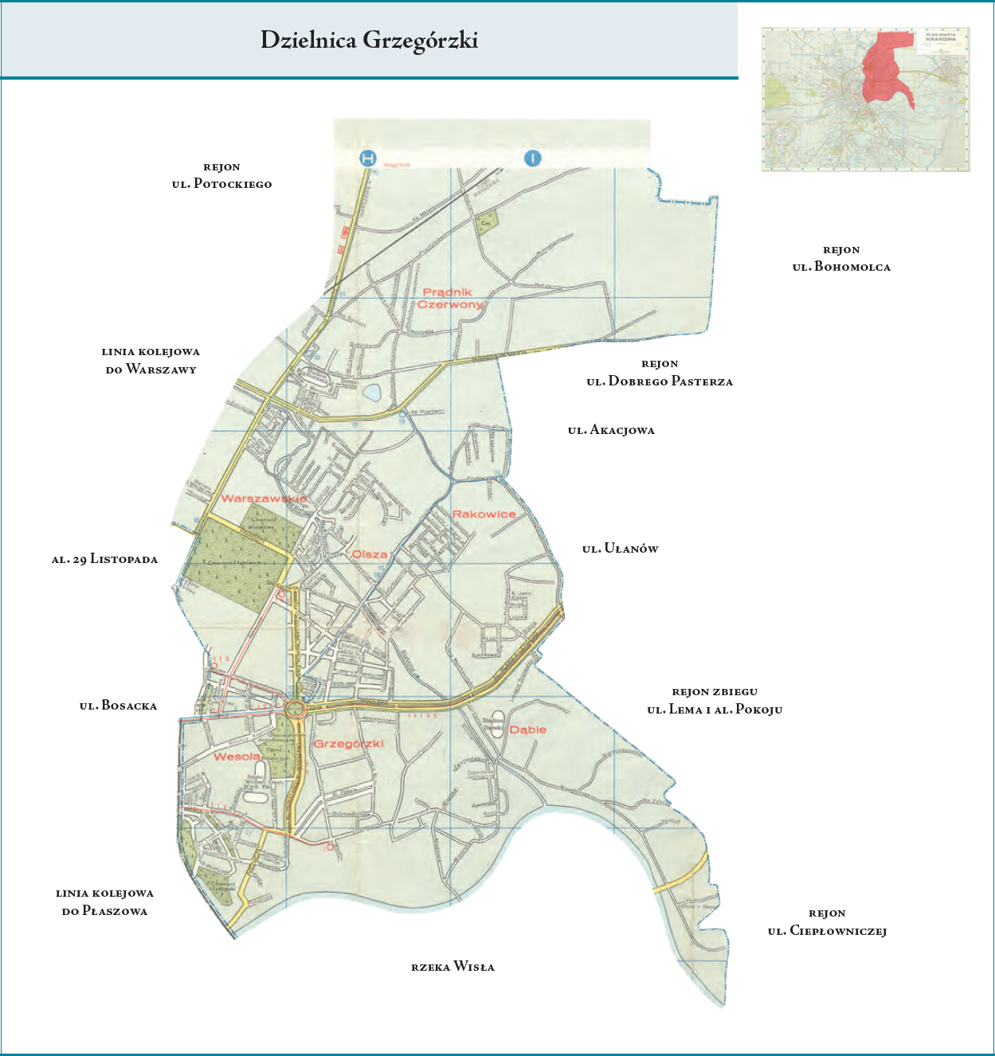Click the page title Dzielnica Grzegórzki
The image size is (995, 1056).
click(x=369, y=41)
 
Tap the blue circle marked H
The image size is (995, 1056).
click(x=368, y=158)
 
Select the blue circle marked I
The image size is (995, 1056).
click(x=532, y=158)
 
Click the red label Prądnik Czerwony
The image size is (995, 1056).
click(x=450, y=299)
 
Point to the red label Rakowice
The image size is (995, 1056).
click(x=484, y=514)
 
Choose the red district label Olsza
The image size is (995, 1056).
click(x=370, y=554)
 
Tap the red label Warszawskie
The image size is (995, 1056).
click(x=264, y=499)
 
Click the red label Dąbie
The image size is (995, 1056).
click(x=528, y=729)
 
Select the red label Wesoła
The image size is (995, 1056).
click(x=237, y=757)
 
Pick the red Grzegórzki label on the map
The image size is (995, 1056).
click(x=349, y=744)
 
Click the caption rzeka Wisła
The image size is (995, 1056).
click(x=452, y=967)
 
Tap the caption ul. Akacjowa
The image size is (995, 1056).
click(x=611, y=430)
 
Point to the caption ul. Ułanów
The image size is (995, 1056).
click(x=620, y=549)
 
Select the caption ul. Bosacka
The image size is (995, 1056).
click(x=118, y=706)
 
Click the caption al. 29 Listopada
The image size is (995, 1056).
click(x=104, y=559)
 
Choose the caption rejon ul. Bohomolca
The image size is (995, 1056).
click(x=841, y=259)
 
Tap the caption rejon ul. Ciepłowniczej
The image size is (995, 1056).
click(x=827, y=922)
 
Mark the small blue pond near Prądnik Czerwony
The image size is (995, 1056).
click(x=371, y=392)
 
